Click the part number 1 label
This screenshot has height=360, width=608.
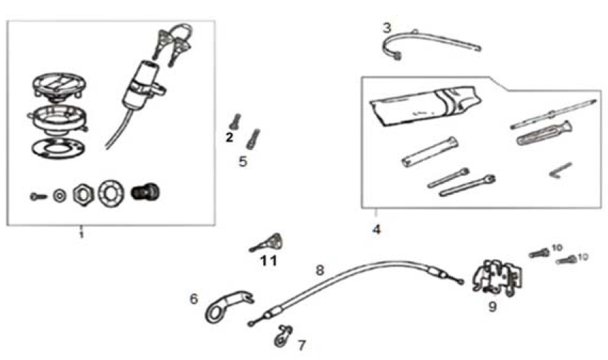click(81, 233)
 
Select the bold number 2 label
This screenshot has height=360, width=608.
click(230, 138)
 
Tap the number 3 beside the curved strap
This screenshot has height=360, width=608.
click(386, 28)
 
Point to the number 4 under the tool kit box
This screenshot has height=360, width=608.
click(376, 230)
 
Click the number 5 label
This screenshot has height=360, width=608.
click(242, 162)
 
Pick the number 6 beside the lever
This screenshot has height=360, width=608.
click(193, 300)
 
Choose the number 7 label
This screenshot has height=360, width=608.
click(302, 345)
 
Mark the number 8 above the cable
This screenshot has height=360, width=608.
click(319, 270)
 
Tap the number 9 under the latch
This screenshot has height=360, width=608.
click(492, 307)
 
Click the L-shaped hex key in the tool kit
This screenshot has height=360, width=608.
click(561, 170)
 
